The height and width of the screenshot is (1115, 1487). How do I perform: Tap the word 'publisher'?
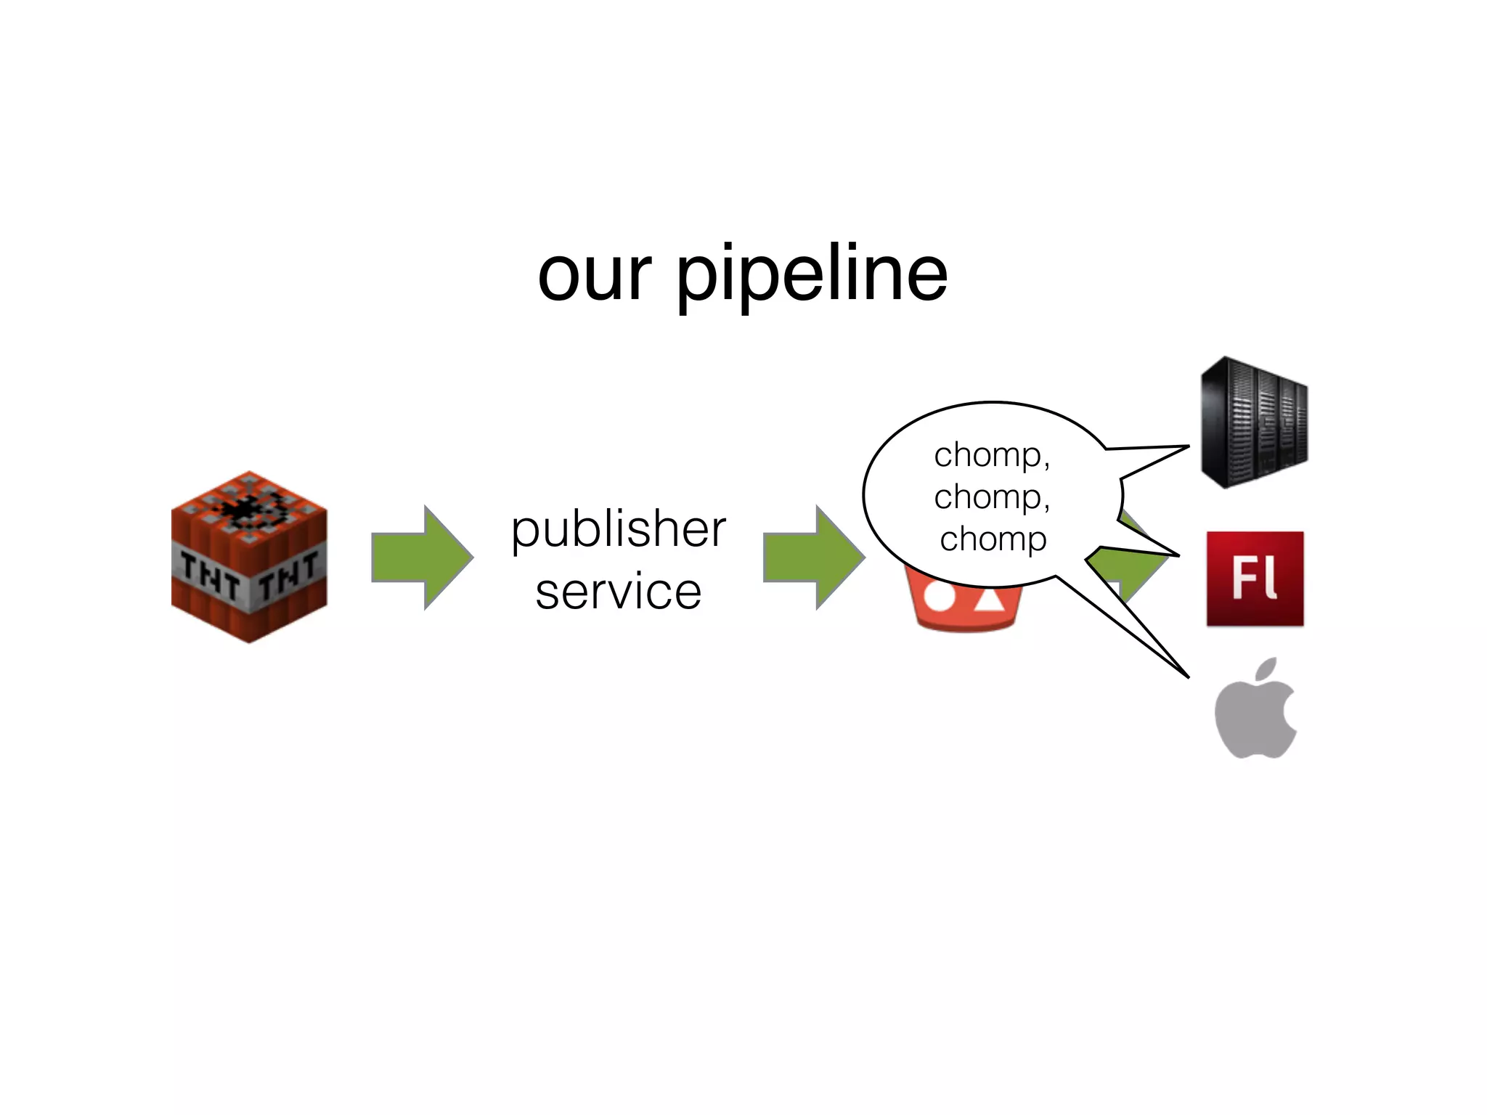tap(619, 530)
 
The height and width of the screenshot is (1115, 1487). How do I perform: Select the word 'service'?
tap(619, 591)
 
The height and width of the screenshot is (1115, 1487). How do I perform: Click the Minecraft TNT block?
tap(249, 557)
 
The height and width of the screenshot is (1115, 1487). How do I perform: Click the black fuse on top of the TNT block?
tap(247, 508)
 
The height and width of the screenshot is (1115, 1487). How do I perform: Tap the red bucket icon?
tap(966, 606)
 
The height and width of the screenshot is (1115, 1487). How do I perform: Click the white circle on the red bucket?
tap(940, 597)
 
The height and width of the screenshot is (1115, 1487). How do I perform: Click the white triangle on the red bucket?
tap(989, 598)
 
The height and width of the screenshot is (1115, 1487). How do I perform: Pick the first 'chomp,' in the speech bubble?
tap(992, 455)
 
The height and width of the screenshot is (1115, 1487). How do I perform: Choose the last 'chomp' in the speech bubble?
tap(993, 539)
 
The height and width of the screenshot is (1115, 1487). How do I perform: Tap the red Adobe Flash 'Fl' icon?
tap(1255, 579)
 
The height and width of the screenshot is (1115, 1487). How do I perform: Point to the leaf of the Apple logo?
tap(1266, 669)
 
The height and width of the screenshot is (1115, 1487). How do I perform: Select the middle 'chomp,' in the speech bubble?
tap(992, 497)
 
